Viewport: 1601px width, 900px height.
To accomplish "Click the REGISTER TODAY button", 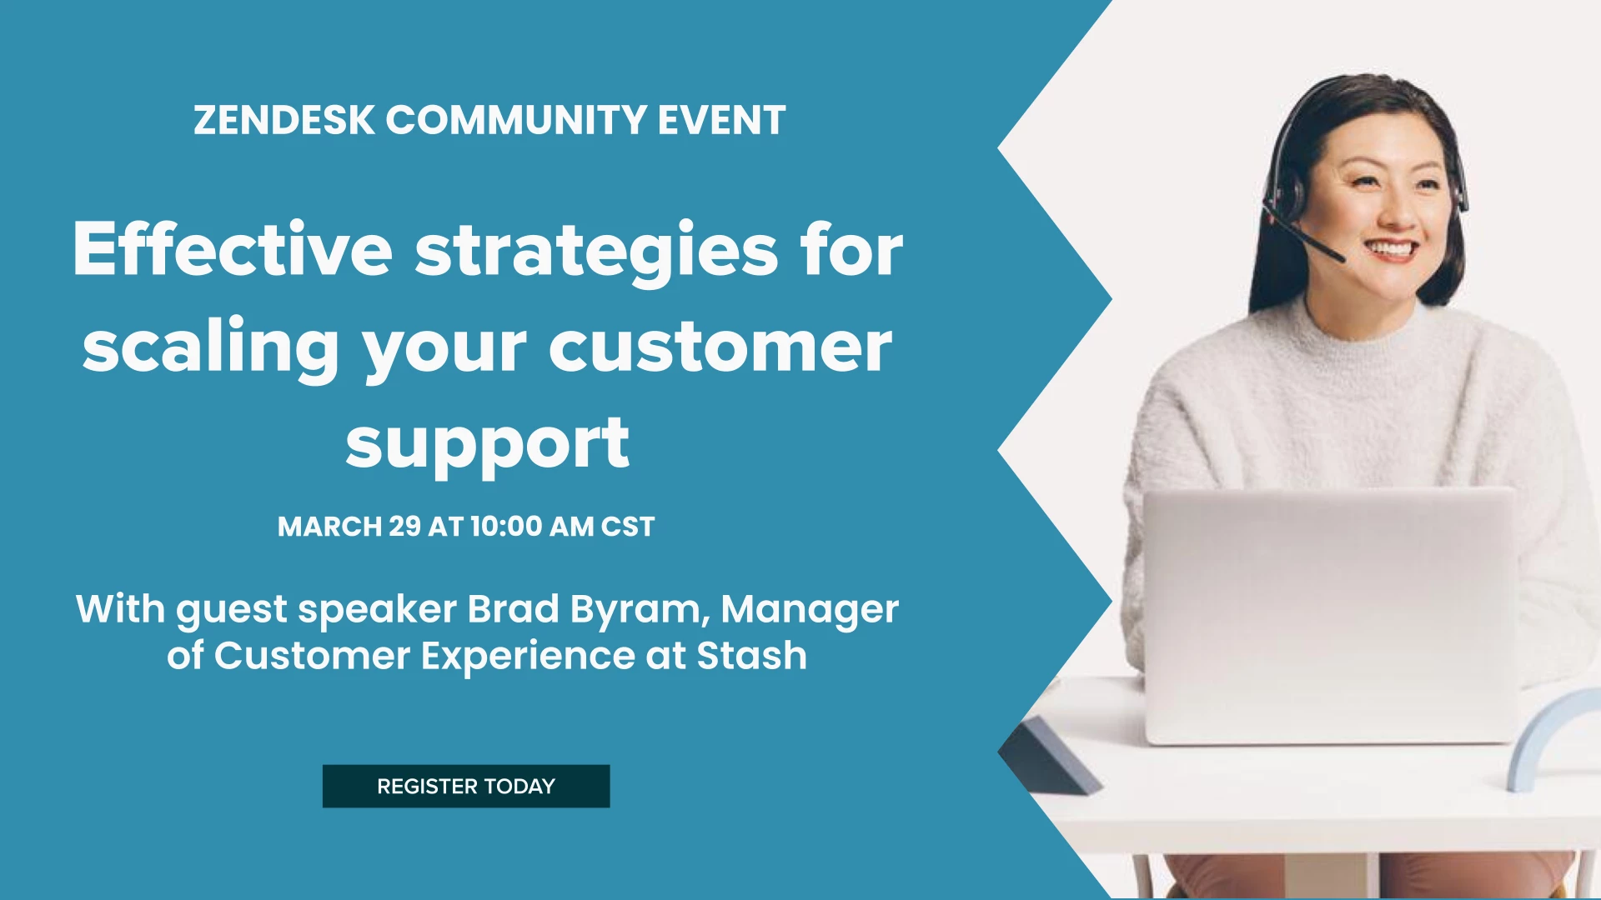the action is pyautogui.click(x=466, y=786).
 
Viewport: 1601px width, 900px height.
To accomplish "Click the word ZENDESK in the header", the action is pyautogui.click(x=284, y=120).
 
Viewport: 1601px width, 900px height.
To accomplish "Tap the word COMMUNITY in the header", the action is pyautogui.click(x=516, y=120).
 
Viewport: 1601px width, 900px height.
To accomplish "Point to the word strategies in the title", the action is pyautogui.click(x=597, y=252).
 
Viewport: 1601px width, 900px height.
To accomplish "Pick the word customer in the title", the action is pyautogui.click(x=720, y=347).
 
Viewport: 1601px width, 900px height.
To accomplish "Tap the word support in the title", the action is pyautogui.click(x=487, y=447).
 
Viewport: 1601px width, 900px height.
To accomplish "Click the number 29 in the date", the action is pyautogui.click(x=404, y=527).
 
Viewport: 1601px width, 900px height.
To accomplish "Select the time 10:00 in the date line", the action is pyautogui.click(x=506, y=527).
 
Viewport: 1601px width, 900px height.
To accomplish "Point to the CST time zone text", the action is pyautogui.click(x=628, y=527).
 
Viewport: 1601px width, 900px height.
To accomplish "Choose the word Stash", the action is pyautogui.click(x=752, y=656).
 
